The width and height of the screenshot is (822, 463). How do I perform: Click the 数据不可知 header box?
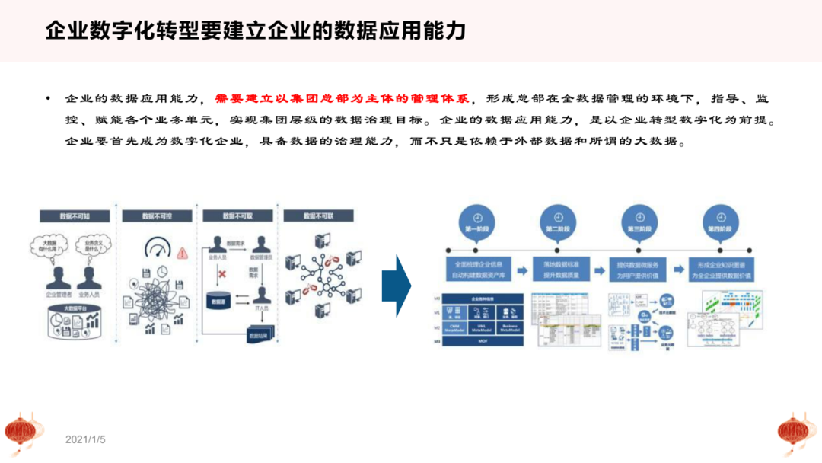pyautogui.click(x=74, y=216)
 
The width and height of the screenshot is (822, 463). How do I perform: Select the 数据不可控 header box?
pyautogui.click(x=156, y=216)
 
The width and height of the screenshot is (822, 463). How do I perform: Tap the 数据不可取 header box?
pyautogui.click(x=237, y=216)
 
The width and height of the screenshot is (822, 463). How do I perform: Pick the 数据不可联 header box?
pyautogui.click(x=319, y=216)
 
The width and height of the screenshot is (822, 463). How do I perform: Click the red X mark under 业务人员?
pyautogui.click(x=222, y=273)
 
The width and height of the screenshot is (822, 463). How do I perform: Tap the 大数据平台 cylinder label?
pyautogui.click(x=75, y=309)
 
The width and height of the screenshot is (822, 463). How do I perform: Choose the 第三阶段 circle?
pyautogui.click(x=639, y=217)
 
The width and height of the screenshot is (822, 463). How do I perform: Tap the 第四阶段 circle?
pyautogui.click(x=720, y=217)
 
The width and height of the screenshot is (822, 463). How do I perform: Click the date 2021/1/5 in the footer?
pyautogui.click(x=85, y=440)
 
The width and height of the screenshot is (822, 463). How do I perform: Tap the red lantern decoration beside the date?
pyautogui.click(x=21, y=431)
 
